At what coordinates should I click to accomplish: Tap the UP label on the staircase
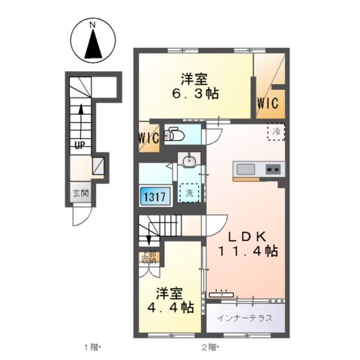coord(78,145)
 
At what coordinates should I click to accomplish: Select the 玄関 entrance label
coord(80,193)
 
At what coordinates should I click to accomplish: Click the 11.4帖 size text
coord(247,251)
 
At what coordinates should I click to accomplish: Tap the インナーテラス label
coord(244,316)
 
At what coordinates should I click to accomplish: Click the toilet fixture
coord(175,135)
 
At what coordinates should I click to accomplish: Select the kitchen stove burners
coord(271,169)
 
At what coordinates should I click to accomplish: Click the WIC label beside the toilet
coord(148,138)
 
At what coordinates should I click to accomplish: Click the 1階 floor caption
coord(92,346)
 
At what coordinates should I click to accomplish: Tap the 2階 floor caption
coord(208,346)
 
